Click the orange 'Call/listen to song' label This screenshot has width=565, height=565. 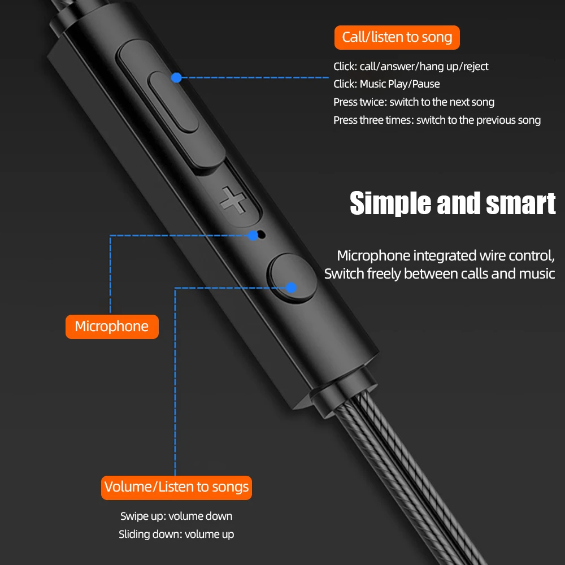point(397,37)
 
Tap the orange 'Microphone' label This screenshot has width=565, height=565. point(112,326)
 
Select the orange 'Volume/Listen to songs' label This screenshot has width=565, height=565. point(176,487)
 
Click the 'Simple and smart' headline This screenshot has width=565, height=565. point(453,203)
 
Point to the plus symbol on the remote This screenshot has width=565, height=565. point(232,199)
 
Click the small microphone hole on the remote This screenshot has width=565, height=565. point(261,233)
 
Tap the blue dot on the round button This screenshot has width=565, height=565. point(291,288)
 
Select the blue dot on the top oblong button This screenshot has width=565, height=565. point(176,77)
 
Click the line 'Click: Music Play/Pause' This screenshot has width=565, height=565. point(386,84)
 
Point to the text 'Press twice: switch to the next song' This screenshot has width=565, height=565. point(414,102)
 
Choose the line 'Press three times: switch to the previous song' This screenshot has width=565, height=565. point(437,120)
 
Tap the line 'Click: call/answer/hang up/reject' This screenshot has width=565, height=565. point(411,67)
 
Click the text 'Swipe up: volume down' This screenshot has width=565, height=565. point(176,516)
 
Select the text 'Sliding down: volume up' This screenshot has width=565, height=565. point(176,534)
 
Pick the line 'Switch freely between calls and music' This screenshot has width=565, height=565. point(440,274)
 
